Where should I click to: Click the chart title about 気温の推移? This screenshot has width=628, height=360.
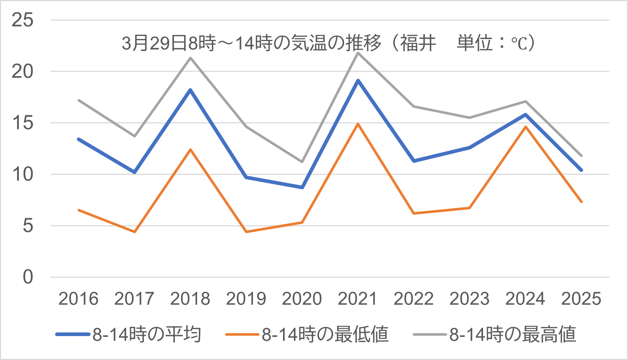(x=328, y=43)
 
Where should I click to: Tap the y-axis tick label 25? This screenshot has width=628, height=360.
(x=22, y=20)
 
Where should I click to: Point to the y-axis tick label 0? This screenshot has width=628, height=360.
(x=28, y=277)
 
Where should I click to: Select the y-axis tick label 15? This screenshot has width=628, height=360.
(x=22, y=123)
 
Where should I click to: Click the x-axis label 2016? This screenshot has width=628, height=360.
(x=78, y=299)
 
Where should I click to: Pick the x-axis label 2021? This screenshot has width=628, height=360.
(x=358, y=299)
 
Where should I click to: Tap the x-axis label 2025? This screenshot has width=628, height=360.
(x=581, y=299)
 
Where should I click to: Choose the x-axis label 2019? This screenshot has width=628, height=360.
(x=246, y=299)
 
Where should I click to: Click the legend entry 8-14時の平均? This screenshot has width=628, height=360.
(x=147, y=334)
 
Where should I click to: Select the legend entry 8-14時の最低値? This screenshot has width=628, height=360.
(x=325, y=334)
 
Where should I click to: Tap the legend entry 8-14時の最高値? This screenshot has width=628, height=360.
(x=513, y=334)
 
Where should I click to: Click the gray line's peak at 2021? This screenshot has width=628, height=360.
(x=358, y=53)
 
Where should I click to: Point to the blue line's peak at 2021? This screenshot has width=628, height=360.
(x=358, y=80)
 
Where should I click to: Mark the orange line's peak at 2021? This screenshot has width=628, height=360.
(x=358, y=124)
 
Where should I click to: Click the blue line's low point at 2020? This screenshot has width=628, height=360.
(x=302, y=187)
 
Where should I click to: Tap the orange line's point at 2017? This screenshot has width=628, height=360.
(x=135, y=232)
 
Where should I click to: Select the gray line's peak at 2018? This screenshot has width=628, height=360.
(x=191, y=58)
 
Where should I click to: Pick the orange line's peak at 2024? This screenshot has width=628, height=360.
(x=525, y=127)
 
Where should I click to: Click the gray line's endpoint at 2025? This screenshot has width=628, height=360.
(x=582, y=156)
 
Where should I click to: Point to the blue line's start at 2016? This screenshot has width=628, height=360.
(x=79, y=139)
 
